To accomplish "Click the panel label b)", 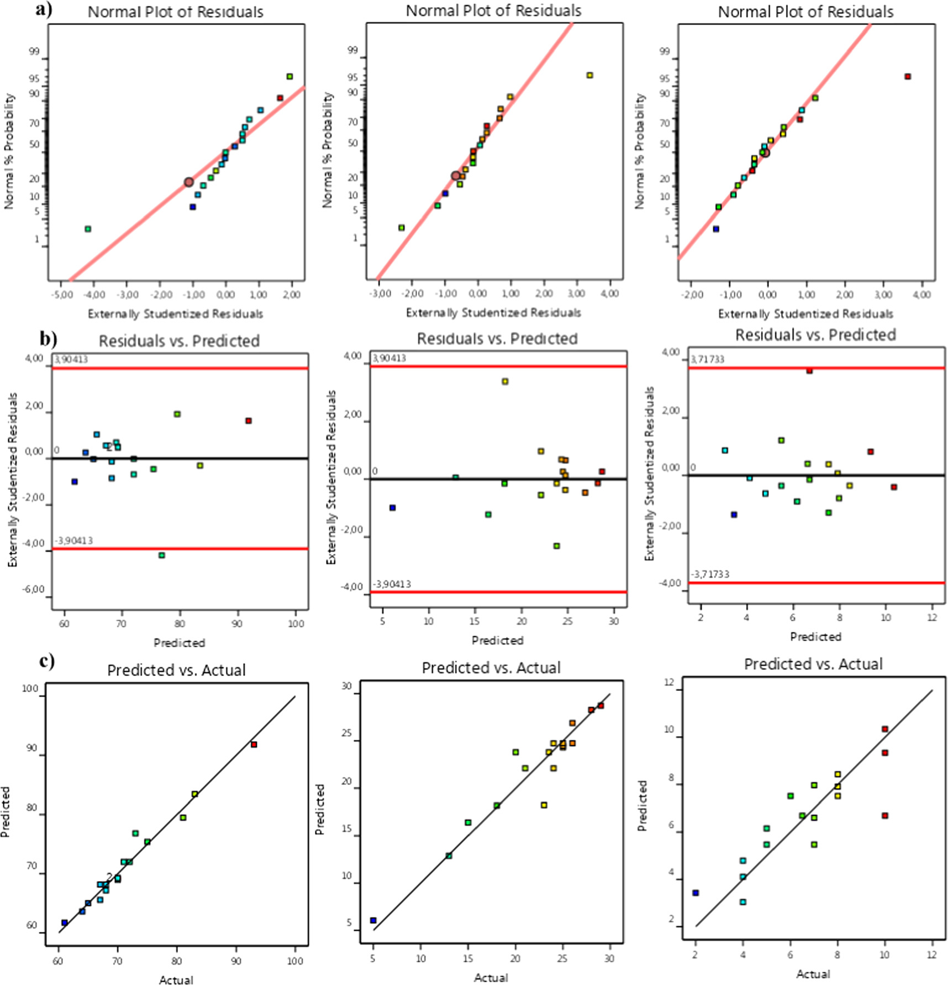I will [x=48, y=338].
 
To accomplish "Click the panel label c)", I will [x=47, y=661].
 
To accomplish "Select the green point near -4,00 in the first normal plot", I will [x=88, y=229].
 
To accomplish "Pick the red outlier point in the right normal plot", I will [x=907, y=77].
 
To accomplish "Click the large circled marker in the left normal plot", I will [x=188, y=182].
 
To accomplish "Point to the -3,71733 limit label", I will [x=710, y=574].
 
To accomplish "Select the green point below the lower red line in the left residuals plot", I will [x=162, y=555].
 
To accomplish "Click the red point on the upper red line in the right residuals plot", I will [x=809, y=370].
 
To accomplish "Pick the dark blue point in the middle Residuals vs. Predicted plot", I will [x=392, y=507].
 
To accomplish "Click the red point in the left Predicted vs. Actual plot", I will [x=254, y=745].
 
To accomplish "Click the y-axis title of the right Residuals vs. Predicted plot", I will [x=650, y=473].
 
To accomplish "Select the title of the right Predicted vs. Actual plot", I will [x=813, y=664].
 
